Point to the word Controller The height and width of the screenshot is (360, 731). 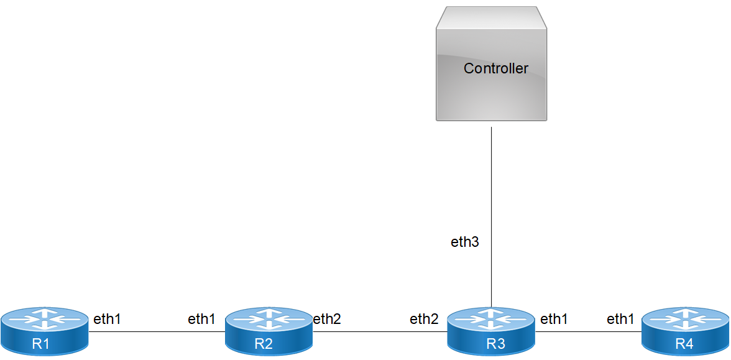495,68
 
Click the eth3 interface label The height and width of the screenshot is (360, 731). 465,242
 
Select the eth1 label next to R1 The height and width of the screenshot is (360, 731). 107,320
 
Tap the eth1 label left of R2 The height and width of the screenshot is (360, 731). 201,320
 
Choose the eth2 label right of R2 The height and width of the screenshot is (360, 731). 327,320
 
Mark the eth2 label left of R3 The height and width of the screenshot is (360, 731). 424,320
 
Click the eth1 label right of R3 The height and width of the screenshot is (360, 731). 554,320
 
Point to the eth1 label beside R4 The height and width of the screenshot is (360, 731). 620,320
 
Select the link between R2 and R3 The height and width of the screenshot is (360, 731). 379,332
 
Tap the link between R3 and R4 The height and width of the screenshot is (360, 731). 588,332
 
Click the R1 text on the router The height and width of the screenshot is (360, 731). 41,344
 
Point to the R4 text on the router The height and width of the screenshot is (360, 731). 684,344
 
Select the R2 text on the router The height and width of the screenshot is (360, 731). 264,344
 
